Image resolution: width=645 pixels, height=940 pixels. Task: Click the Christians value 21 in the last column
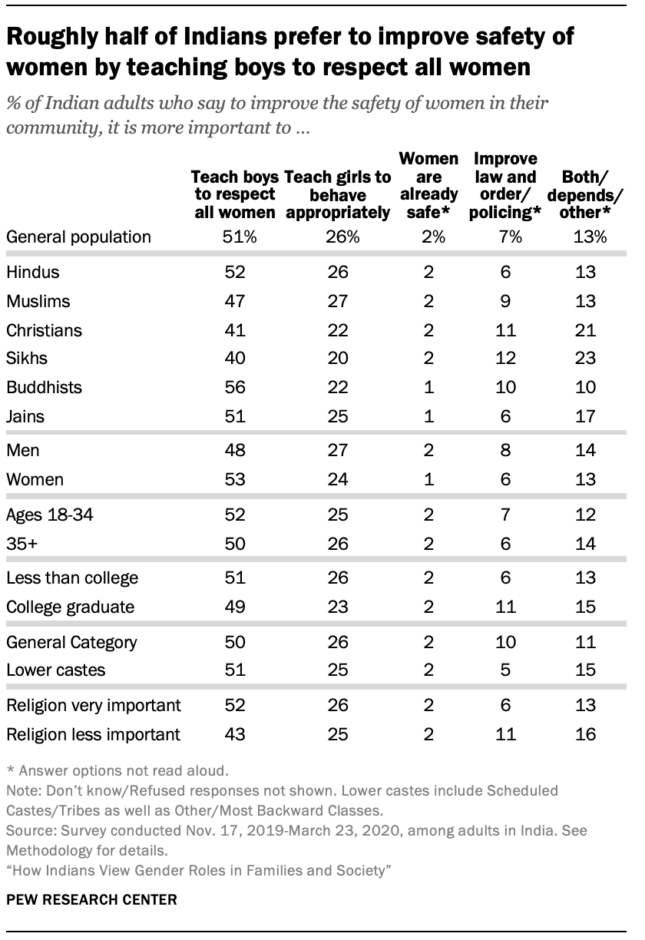[585, 330]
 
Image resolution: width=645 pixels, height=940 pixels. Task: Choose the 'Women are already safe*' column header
[428, 186]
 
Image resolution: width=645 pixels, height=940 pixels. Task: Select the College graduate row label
[70, 607]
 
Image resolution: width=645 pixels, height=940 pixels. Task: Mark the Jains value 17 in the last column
[585, 418]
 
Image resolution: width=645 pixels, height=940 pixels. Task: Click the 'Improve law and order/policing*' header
[504, 186]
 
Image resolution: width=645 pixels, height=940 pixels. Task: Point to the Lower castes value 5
[504, 670]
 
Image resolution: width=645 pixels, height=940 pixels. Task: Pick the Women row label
[35, 481]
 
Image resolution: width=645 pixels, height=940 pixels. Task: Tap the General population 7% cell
[504, 237]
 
